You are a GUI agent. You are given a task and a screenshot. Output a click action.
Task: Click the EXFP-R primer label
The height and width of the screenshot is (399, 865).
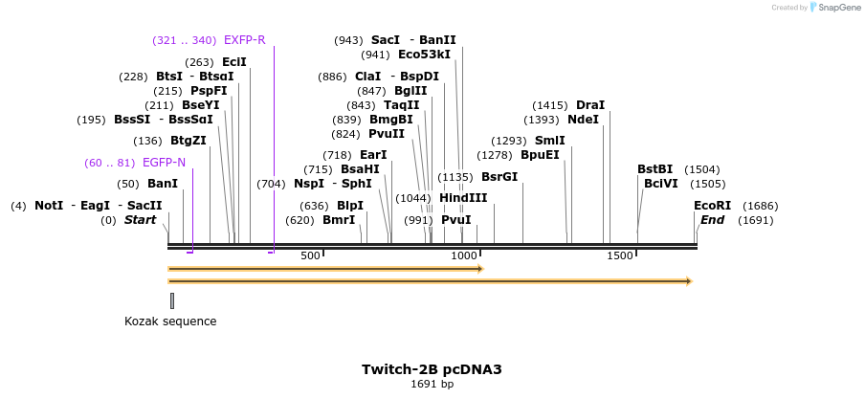(x=244, y=40)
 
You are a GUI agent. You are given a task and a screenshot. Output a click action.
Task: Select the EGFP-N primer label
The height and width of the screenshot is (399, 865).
(x=164, y=163)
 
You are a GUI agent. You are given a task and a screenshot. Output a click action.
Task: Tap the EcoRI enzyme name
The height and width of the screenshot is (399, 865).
(x=712, y=206)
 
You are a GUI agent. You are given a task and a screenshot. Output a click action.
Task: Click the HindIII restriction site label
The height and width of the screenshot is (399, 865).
(x=463, y=198)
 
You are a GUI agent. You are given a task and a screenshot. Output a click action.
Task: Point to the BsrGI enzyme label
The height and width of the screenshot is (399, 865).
(x=499, y=177)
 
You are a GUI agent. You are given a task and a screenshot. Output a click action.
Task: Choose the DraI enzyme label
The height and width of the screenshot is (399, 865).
(x=590, y=105)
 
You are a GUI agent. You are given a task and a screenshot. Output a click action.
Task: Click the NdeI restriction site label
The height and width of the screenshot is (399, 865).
(x=583, y=120)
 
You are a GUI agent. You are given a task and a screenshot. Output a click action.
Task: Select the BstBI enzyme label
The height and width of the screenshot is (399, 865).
(x=655, y=169)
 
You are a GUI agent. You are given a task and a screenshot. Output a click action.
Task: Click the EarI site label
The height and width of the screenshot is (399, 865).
(x=373, y=155)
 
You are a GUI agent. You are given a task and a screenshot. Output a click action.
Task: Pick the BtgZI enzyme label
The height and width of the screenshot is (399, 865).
(x=189, y=141)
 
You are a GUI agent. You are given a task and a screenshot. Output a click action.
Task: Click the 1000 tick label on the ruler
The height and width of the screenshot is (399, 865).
(x=464, y=256)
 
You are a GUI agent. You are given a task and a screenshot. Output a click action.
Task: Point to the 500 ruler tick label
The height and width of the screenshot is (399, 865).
(x=310, y=256)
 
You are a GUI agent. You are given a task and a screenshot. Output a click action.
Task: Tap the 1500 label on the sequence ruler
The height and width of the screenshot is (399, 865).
(x=620, y=256)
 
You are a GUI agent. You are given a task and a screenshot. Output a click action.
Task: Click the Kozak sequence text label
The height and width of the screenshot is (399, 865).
(x=170, y=321)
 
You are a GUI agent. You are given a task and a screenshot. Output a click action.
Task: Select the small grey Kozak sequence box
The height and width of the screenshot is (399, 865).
(x=172, y=300)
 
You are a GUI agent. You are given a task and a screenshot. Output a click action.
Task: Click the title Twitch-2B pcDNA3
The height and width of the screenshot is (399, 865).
(x=432, y=369)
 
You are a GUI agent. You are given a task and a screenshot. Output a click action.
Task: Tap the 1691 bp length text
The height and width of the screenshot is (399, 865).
(x=432, y=385)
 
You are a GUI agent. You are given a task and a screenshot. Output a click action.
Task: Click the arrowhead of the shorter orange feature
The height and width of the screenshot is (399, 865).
(x=479, y=269)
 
